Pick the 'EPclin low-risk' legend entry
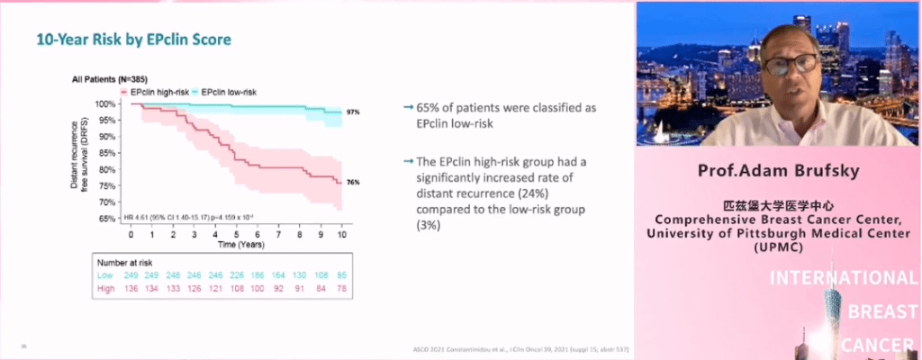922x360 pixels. click(x=228, y=92)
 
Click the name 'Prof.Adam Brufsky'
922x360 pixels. click(x=780, y=171)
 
